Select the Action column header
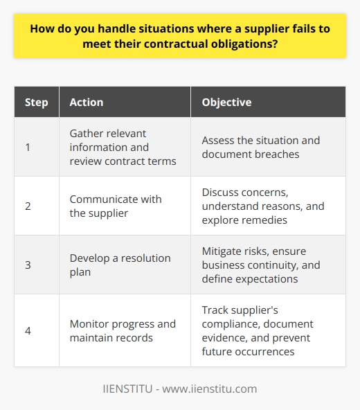point(87,102)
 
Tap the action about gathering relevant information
point(122,147)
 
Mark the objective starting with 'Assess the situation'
point(260,147)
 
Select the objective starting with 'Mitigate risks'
point(263,265)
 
